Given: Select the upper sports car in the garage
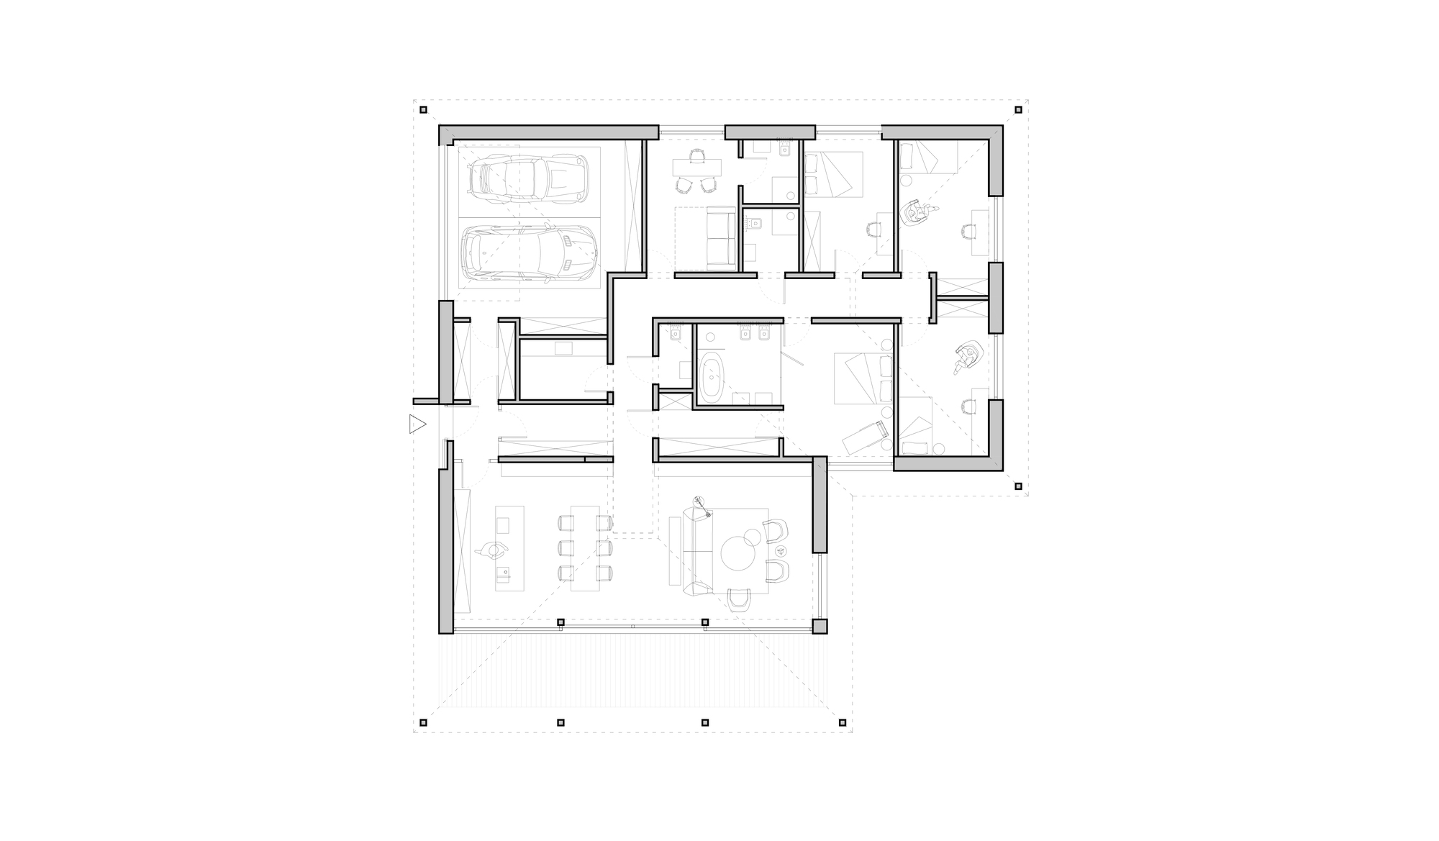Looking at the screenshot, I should [528, 176].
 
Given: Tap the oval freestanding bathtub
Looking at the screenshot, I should [713, 376].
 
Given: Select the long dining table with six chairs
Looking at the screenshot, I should [585, 548].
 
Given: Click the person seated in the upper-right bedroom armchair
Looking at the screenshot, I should [917, 212].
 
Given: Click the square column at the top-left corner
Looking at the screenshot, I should [424, 110].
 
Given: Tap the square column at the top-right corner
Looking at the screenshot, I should [1018, 110].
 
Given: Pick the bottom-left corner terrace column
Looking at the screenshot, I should [424, 722].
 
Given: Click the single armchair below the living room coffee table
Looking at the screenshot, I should [739, 599].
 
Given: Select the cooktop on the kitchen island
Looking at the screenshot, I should [503, 525].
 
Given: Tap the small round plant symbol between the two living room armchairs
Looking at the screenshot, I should [781, 550].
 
